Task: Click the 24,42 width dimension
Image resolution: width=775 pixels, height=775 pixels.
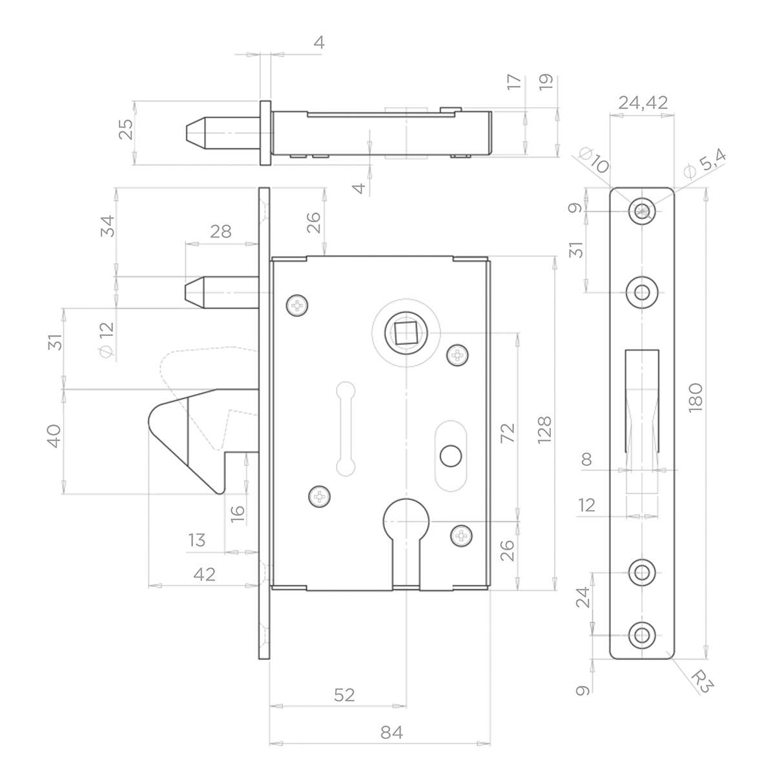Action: click(643, 102)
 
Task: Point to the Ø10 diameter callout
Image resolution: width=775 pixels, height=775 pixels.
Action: click(594, 159)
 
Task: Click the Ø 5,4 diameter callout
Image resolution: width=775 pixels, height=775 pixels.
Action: click(705, 161)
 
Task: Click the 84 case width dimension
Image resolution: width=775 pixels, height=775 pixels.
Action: click(391, 733)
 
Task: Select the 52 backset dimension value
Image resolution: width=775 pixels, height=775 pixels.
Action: click(344, 694)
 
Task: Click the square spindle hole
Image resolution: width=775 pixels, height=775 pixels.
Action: click(404, 333)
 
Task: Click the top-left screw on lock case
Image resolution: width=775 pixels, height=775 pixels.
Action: click(297, 306)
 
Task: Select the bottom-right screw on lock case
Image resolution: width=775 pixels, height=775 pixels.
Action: click(460, 535)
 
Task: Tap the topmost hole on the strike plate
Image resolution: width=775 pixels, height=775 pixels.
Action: click(642, 211)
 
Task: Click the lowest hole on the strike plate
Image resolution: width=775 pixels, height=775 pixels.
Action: click(642, 634)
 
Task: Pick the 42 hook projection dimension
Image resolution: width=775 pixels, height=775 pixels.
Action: click(204, 574)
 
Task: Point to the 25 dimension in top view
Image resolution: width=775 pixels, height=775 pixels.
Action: click(126, 129)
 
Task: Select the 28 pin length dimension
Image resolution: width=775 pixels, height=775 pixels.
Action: click(220, 232)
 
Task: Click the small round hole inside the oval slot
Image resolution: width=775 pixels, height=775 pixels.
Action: click(449, 456)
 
